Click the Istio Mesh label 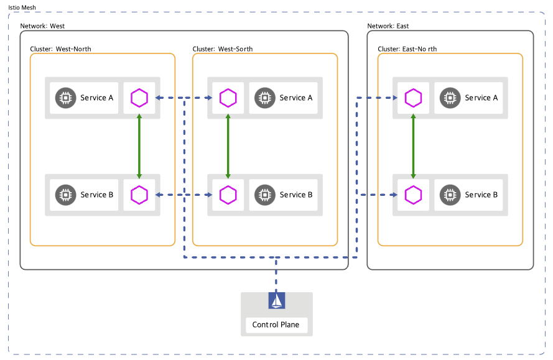point(22,7)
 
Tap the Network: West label point(42,26)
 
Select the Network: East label point(388,26)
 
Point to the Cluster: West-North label point(61,49)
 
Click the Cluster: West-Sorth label point(223,49)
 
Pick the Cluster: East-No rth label point(407,49)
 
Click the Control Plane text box point(276,325)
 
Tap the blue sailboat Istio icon point(276,300)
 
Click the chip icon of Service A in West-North point(65,98)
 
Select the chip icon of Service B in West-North point(65,195)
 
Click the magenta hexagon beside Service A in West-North point(139,98)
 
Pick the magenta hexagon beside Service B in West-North point(139,195)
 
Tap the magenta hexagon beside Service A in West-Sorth point(228,98)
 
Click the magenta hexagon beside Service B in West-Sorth point(228,195)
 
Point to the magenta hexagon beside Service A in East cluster point(413,98)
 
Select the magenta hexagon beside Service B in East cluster point(413,195)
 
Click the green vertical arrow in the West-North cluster point(139,146)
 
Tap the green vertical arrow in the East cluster point(413,146)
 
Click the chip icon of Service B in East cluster point(450,195)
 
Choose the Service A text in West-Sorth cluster point(296,98)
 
